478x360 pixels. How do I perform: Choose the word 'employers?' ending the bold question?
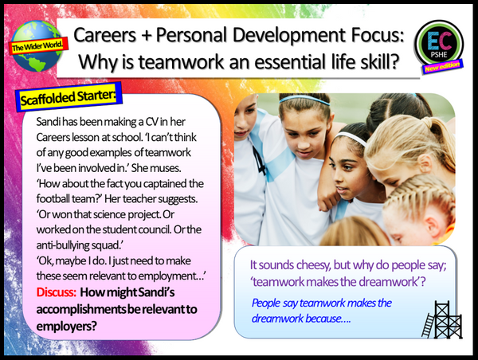(69, 324)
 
